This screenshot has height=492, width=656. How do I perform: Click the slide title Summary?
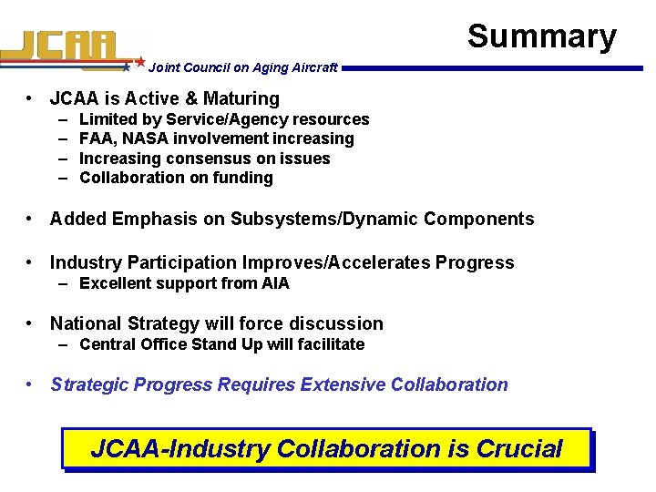[x=541, y=36]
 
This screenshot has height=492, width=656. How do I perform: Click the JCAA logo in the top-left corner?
[x=68, y=48]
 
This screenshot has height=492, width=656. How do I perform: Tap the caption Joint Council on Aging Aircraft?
[x=242, y=67]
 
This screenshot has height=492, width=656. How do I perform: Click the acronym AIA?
[x=275, y=283]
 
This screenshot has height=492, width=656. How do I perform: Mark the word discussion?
[x=341, y=323]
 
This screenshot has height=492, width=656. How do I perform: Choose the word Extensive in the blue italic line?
[x=342, y=384]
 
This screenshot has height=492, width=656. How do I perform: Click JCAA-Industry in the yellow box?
[x=180, y=449]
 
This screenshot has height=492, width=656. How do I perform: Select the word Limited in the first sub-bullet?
[x=106, y=119]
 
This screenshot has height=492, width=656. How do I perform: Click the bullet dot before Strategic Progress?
[x=31, y=384]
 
